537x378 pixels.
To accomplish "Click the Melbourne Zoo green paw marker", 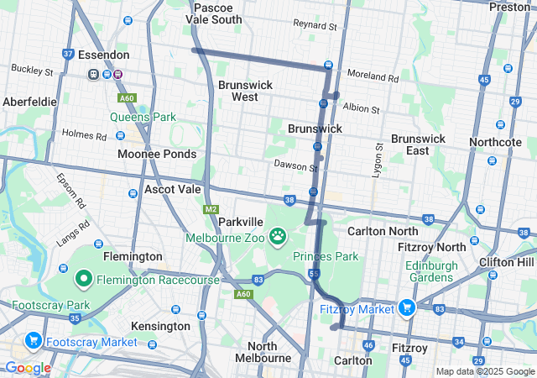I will coord(278,236).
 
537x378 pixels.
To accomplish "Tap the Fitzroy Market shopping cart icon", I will coord(407,308).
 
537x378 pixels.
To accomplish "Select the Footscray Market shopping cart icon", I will coord(34,341).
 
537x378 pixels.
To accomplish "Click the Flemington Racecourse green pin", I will coord(84,278).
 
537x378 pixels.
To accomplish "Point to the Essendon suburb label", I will coord(103,55).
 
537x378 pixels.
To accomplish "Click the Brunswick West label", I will coord(238,91).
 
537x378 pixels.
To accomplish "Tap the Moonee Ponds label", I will coord(157,154).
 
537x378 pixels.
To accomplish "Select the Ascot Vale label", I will coord(171,190).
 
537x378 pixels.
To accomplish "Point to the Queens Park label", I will coord(143,117).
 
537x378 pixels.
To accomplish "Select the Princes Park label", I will coord(326,256).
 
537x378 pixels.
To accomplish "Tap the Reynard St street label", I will coord(315,26).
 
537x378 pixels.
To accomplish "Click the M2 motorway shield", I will coord(210,208).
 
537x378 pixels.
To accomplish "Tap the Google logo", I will coord(28,368).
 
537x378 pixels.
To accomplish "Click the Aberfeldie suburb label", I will coord(29,101).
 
